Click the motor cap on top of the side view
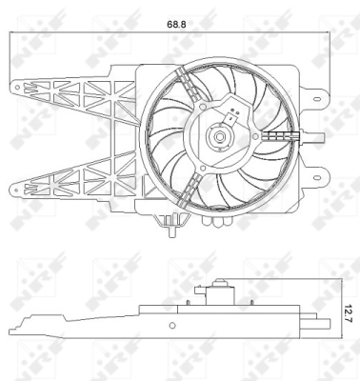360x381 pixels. coord(221,283)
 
